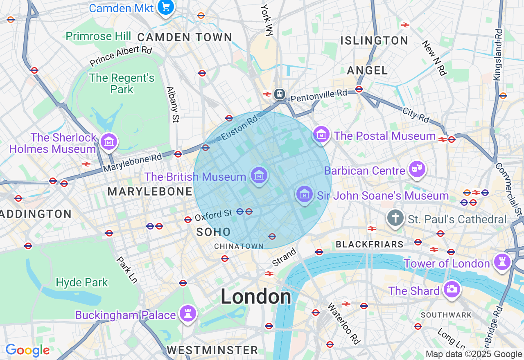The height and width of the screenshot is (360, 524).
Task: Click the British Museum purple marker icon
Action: (259, 175)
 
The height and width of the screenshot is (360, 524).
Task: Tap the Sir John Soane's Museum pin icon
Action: (304, 194)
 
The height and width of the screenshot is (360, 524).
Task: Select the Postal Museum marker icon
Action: (321, 134)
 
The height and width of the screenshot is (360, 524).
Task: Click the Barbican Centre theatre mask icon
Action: (417, 169)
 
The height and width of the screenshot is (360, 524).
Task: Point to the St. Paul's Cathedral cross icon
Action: (395, 218)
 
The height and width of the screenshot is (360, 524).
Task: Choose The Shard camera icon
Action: (452, 289)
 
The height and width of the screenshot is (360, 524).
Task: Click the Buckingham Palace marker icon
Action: (188, 314)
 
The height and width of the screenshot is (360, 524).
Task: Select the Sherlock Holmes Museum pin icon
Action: (108, 142)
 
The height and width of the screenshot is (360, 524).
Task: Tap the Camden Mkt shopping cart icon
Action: (166, 7)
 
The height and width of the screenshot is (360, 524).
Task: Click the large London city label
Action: (256, 297)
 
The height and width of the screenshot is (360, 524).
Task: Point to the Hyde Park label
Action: (82, 282)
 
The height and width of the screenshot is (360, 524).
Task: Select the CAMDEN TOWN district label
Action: (185, 37)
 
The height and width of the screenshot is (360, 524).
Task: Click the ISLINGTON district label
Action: (374, 40)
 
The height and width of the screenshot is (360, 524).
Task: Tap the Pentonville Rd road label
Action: (319, 96)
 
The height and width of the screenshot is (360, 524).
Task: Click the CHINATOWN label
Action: (239, 246)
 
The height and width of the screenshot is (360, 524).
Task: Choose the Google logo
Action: (27, 350)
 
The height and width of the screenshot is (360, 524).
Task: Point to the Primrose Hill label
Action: (98, 36)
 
